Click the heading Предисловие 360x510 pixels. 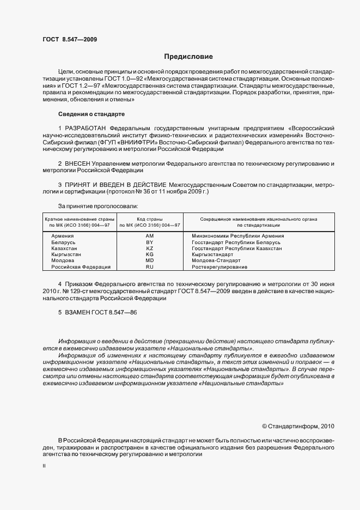pos(188,56)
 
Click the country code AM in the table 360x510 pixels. pos(150,235)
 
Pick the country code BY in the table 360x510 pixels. pos(150,242)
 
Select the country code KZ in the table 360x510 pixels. pos(150,248)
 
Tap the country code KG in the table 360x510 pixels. pos(150,254)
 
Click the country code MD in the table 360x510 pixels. pos(150,260)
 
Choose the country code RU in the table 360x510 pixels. pos(150,267)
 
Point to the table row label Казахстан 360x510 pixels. pos(65,248)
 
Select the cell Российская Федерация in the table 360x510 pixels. pos(81,267)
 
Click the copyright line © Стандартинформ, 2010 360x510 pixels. pos(298,426)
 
